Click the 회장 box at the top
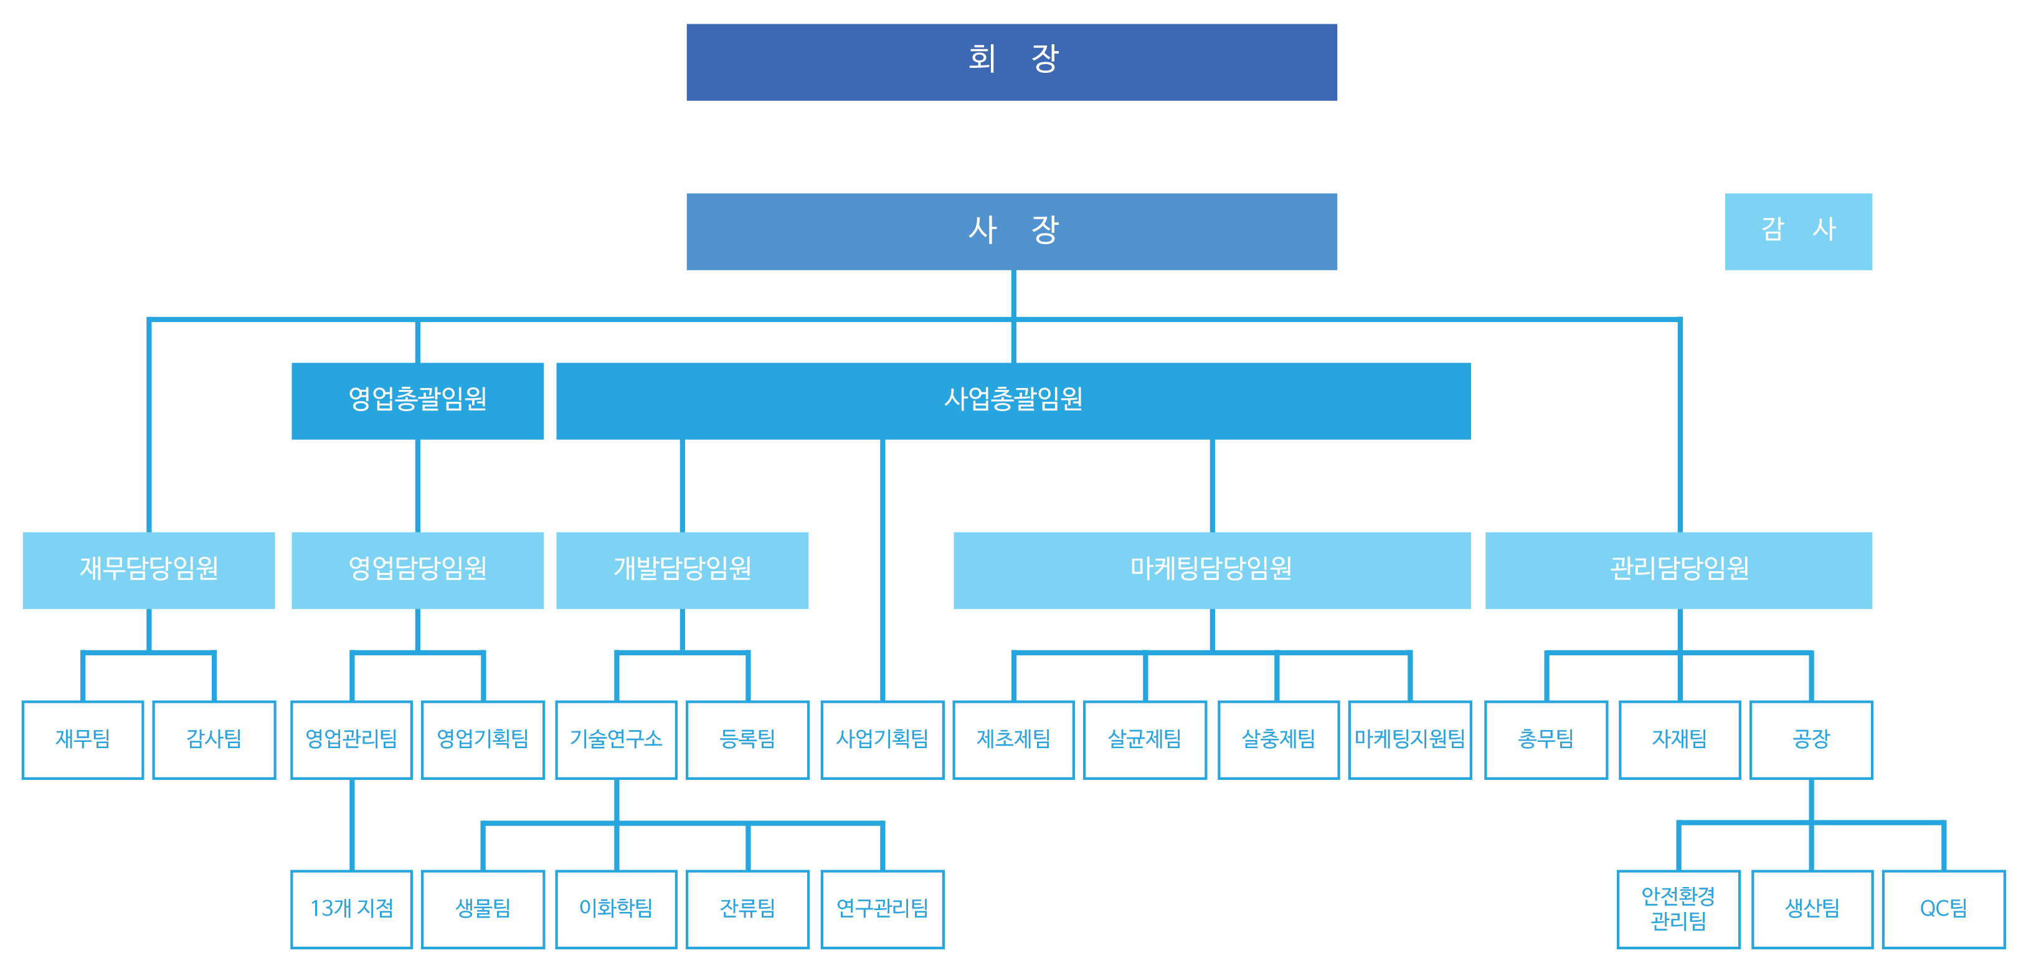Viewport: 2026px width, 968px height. click(1011, 61)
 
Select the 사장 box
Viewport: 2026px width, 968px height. click(1011, 231)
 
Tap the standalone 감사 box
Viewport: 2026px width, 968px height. click(1798, 231)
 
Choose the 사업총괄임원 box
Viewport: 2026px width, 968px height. click(1013, 401)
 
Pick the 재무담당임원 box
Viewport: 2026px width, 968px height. click(149, 570)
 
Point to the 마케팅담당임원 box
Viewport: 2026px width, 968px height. click(1211, 570)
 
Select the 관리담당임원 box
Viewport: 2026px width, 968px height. click(1678, 570)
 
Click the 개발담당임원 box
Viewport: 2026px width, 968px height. click(682, 570)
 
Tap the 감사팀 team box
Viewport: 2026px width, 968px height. click(214, 740)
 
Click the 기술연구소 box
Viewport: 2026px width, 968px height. click(616, 740)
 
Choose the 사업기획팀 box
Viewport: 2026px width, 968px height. click(883, 740)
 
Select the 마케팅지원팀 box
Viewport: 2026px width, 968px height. click(1409, 740)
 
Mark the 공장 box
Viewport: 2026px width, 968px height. click(1811, 740)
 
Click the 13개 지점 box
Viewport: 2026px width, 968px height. click(351, 909)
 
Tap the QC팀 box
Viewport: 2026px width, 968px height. click(1943, 909)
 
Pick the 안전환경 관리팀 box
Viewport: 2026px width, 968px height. click(1678, 909)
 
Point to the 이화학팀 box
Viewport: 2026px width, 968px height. click(616, 909)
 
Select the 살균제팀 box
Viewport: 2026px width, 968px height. click(1144, 740)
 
